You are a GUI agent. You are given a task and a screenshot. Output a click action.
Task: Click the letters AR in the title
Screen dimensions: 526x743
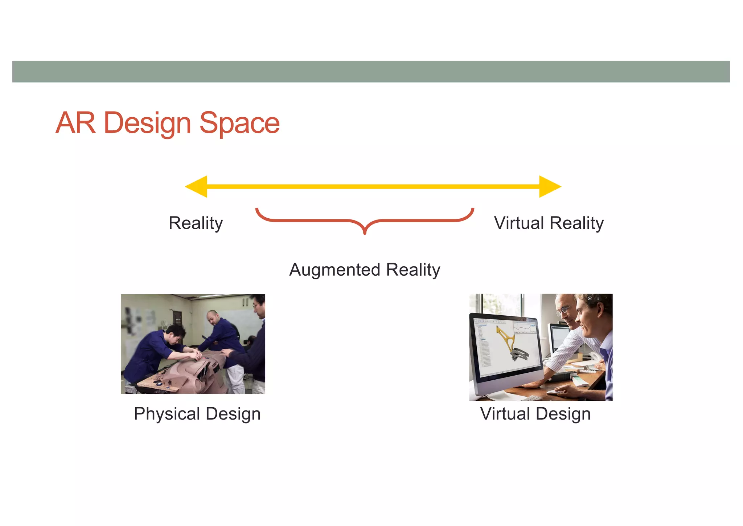tap(76, 123)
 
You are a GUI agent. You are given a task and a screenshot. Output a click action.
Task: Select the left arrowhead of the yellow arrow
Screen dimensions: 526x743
tap(197, 187)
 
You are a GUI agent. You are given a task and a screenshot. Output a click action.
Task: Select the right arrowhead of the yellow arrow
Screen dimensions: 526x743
tap(549, 187)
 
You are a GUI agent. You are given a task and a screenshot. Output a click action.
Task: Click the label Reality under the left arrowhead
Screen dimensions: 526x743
tap(196, 223)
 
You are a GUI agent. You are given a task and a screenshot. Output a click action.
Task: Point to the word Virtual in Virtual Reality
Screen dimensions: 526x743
tap(519, 223)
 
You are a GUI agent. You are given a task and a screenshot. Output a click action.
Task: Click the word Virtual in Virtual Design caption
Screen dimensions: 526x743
tap(505, 414)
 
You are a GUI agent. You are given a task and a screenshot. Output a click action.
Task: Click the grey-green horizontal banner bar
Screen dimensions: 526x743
tap(371, 72)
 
